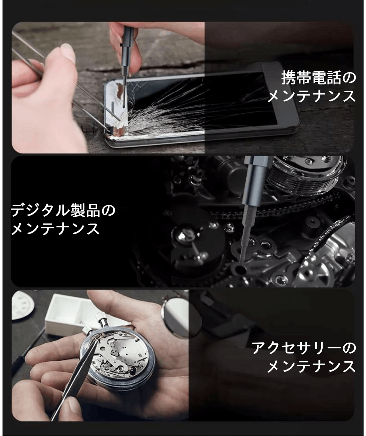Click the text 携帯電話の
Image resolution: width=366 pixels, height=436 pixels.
pyautogui.click(x=319, y=78)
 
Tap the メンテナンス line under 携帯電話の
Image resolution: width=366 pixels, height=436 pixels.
pyautogui.click(x=311, y=96)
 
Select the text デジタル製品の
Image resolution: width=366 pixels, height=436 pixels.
pyautogui.click(x=63, y=210)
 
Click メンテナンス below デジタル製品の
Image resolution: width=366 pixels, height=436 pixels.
pyautogui.click(x=55, y=228)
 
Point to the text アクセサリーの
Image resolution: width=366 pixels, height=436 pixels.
pyautogui.click(x=304, y=348)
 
